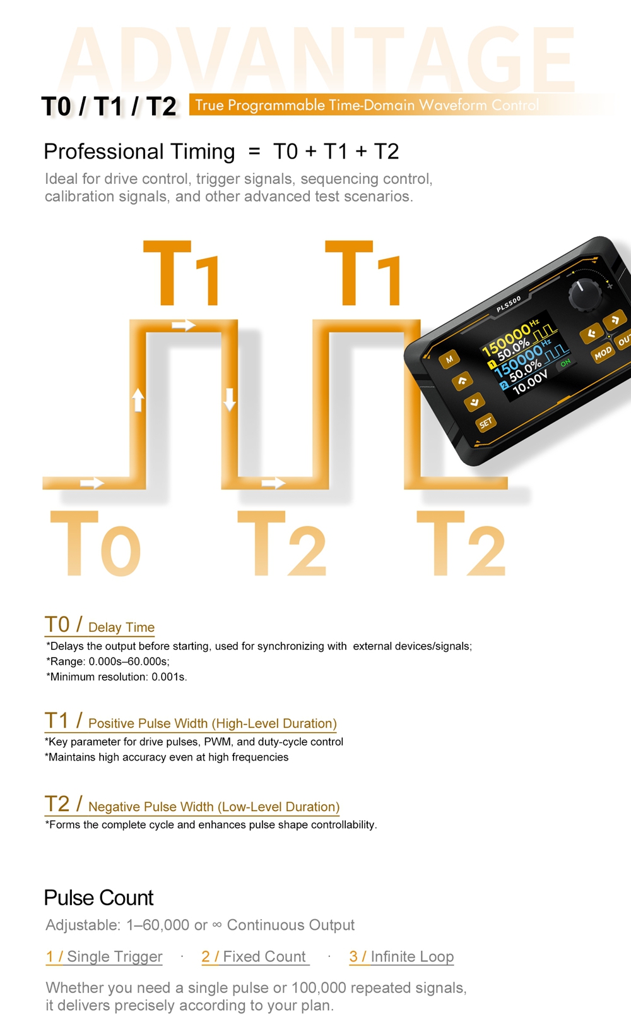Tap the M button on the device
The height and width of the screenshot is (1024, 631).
449,359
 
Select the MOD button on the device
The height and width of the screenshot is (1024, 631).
603,353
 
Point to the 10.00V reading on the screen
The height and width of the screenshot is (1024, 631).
530,383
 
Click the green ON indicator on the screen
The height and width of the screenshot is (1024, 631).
566,363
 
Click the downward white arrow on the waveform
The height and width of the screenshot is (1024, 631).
230,399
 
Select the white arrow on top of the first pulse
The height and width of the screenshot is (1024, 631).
184,325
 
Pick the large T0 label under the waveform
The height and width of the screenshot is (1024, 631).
95,543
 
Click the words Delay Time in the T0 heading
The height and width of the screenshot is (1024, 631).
121,627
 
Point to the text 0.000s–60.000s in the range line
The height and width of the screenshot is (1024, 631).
128,661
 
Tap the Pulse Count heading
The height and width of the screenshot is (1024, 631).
98,898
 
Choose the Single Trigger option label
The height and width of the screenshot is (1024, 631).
115,956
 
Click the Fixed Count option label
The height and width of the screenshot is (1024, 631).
264,956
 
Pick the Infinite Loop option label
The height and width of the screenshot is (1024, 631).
412,956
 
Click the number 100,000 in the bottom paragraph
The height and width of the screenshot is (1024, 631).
319,987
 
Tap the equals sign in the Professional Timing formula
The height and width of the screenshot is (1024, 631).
254,152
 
